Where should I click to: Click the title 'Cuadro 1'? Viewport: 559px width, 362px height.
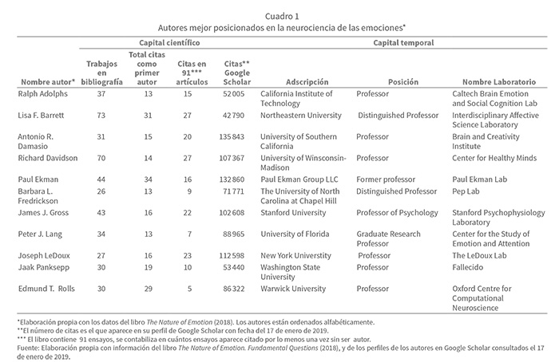(279, 14)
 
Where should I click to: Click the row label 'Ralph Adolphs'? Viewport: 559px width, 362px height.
(43, 93)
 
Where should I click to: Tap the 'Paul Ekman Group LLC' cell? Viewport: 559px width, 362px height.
(301, 179)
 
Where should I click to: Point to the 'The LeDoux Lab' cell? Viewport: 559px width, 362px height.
(480, 257)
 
